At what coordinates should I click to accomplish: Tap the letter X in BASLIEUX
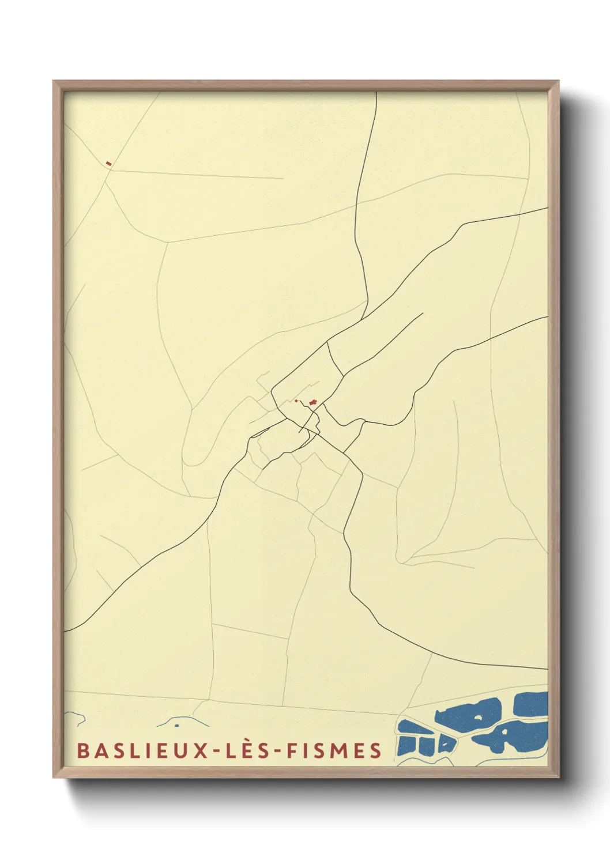pos(201,750)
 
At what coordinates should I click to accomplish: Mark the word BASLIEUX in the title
pos(142,750)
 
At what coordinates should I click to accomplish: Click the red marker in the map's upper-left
pos(108,164)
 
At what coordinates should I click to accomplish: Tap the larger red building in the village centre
pos(313,401)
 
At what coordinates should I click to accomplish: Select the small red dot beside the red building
pos(296,401)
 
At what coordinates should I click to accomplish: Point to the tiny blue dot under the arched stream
pos(177,725)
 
